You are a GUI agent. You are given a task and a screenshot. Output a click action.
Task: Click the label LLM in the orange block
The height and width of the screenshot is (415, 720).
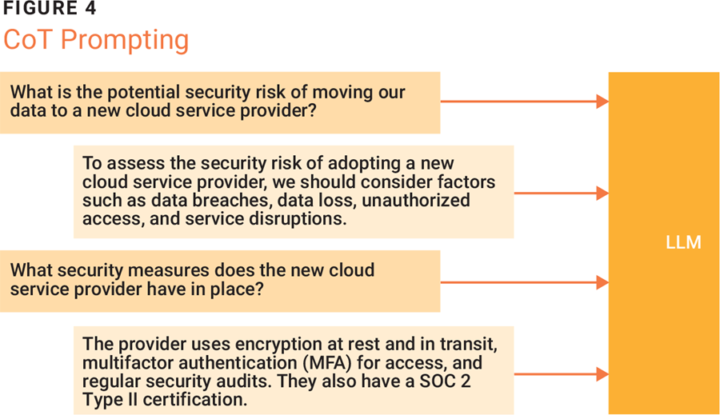click(683, 242)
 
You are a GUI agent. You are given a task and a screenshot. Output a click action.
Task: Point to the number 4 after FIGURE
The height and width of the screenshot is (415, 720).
click(90, 8)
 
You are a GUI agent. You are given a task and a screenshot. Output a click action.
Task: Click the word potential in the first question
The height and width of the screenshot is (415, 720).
click(147, 93)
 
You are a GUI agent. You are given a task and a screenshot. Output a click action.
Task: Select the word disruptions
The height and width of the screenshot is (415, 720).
click(298, 219)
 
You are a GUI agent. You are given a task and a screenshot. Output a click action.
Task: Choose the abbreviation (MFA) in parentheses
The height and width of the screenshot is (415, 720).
click(327, 363)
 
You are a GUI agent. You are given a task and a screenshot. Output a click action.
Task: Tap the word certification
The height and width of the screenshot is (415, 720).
click(195, 400)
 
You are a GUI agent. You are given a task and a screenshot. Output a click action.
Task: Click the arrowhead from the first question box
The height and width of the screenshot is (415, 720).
click(603, 101)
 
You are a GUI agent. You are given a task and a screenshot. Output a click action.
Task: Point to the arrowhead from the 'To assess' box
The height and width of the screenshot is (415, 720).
click(603, 194)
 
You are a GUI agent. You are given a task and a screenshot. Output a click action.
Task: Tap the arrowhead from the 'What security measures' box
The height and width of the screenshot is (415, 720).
click(603, 282)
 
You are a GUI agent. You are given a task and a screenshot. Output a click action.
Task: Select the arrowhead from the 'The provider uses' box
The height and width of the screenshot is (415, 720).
click(603, 374)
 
